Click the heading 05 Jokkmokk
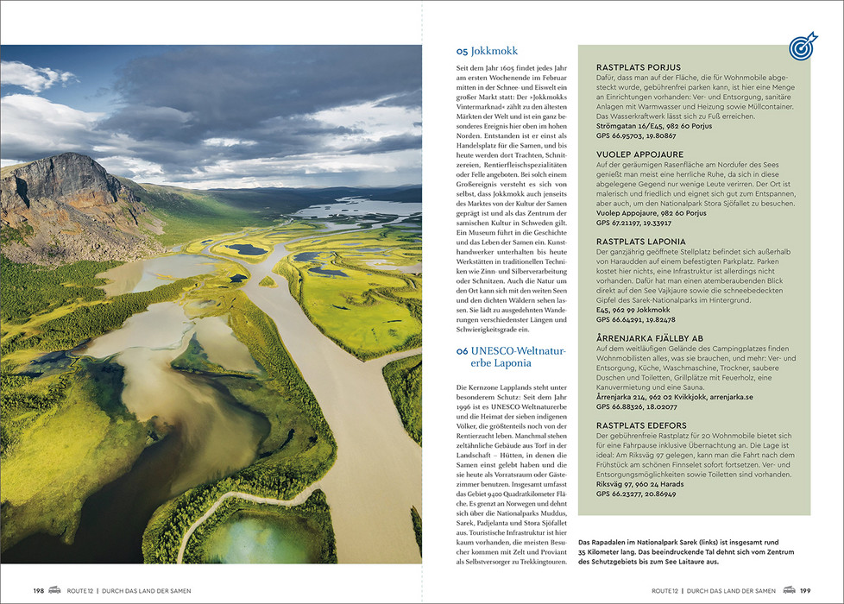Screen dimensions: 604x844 click(x=488, y=51)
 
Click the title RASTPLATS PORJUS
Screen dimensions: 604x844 click(x=639, y=67)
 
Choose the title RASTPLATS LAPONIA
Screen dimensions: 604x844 click(x=641, y=242)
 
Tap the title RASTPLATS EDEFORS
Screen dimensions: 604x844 click(x=641, y=425)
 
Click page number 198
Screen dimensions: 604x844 click(x=39, y=590)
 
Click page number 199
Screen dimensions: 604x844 click(x=805, y=590)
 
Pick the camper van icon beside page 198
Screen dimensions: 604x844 click(x=55, y=590)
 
